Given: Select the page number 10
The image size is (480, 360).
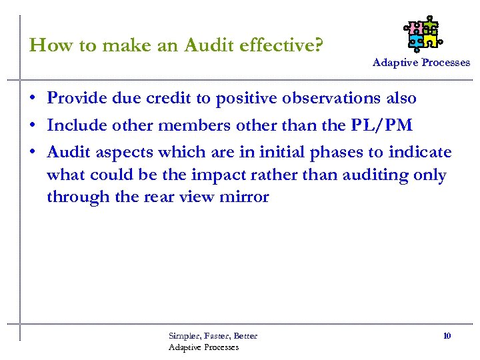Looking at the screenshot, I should [447, 335].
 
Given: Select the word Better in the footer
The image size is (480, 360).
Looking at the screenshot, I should [245, 336].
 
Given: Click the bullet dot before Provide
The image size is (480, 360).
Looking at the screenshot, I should [33, 99].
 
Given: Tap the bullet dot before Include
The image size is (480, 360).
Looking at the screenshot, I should [33, 126].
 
